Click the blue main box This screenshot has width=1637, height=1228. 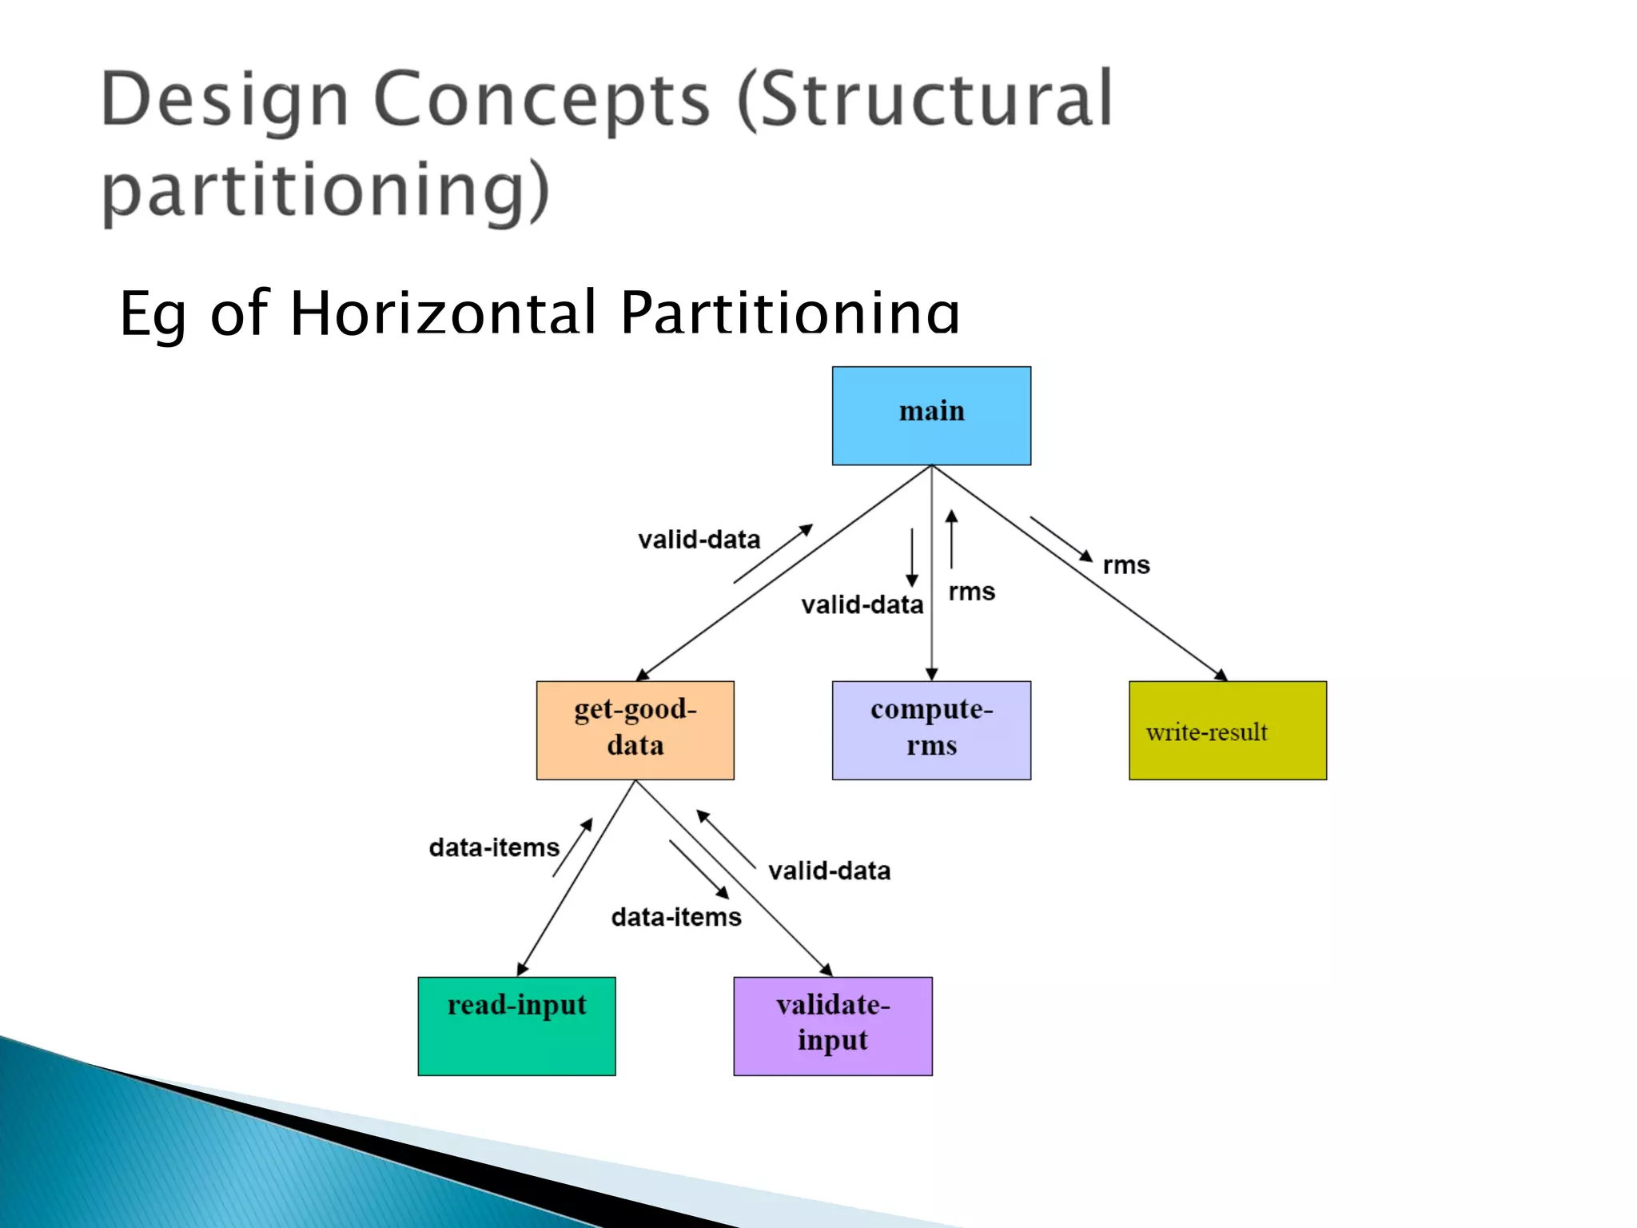pos(931,416)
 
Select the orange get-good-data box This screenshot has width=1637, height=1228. pos(635,730)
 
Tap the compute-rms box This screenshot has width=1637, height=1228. pos(931,730)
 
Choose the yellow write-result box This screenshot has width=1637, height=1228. pos(1227,730)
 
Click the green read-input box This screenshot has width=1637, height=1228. pos(516,1026)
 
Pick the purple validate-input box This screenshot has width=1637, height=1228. pos(832,1026)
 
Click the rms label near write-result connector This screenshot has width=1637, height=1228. pos(1125,565)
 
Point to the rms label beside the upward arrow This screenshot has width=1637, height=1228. pos(971,592)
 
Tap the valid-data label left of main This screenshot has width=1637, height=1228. pos(699,540)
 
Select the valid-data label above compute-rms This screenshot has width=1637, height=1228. pos(862,604)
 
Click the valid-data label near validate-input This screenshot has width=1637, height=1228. pos(829,871)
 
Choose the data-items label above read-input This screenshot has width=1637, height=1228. pos(494,847)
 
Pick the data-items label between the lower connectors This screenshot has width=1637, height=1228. pos(676,917)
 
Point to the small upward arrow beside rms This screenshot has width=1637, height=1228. pos(951,540)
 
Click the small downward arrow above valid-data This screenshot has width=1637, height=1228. pos(912,557)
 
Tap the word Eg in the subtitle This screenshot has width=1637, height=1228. pos(153,313)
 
